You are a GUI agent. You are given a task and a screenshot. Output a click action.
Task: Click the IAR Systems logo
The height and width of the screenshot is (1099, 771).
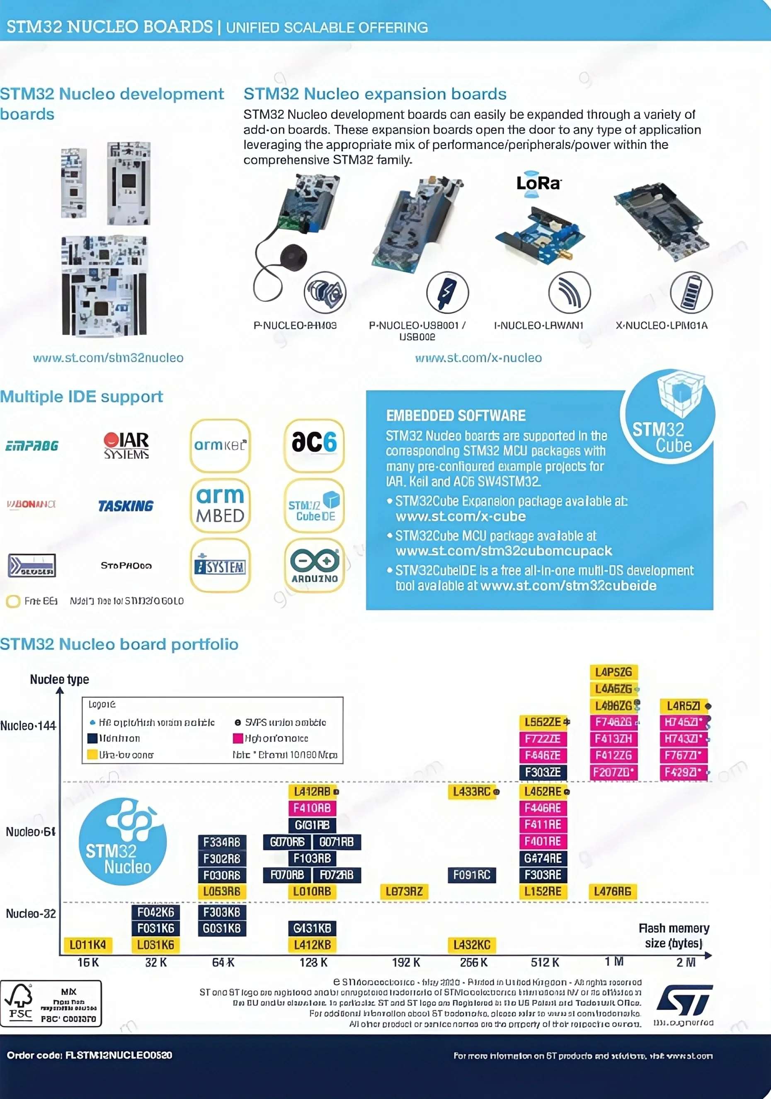126,445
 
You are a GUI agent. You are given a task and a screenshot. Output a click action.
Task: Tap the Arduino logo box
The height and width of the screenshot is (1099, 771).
314,565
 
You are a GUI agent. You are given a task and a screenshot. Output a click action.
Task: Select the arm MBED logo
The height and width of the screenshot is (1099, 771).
220,506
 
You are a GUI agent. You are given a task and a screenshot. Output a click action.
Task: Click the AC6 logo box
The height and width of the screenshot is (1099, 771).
314,445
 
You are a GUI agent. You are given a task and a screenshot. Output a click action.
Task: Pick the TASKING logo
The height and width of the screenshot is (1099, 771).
126,506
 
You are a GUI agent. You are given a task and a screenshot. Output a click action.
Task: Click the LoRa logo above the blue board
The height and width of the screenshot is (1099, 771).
538,183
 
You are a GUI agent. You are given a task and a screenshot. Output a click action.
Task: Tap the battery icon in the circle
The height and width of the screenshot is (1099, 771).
691,292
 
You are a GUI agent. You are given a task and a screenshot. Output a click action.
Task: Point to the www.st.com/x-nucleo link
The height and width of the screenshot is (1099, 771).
478,358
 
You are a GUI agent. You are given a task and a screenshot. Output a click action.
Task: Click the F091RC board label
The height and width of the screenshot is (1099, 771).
472,875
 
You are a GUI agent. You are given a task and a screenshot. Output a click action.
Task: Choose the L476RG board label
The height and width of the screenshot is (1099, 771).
613,891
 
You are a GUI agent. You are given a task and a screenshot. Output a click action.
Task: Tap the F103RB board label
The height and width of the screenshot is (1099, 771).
312,858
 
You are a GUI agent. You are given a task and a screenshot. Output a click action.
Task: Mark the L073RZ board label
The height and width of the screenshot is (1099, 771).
404,891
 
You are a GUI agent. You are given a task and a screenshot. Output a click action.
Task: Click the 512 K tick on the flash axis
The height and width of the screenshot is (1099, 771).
545,962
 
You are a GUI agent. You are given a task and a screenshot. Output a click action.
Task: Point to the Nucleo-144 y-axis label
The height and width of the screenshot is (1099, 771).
28,726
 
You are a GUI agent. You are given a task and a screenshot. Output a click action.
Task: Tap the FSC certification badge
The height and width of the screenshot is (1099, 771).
51,1003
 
